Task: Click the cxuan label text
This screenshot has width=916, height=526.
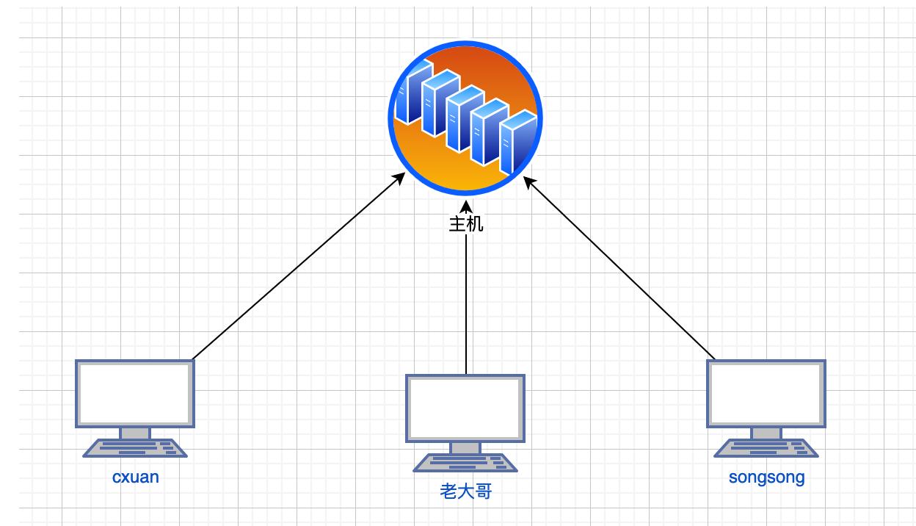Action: point(135,477)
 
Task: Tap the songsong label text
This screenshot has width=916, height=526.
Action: point(766,477)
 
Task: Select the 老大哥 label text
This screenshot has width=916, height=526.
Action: point(465,491)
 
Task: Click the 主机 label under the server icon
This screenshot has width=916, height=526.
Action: point(465,224)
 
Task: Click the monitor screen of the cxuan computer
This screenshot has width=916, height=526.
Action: point(135,392)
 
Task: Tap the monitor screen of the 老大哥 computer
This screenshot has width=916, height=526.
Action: point(465,407)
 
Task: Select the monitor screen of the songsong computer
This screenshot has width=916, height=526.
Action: point(766,392)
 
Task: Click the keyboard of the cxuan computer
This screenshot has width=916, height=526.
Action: point(135,448)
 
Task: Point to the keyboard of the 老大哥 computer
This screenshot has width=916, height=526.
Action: point(465,463)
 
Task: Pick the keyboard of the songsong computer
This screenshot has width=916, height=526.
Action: point(766,448)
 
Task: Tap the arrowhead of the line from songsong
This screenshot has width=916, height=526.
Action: point(528,181)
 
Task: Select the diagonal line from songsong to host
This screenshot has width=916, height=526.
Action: point(620,270)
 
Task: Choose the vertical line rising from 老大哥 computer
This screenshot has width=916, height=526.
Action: point(465,309)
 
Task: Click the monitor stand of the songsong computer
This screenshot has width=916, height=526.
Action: point(766,433)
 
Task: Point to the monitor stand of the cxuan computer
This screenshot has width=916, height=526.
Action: point(135,433)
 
